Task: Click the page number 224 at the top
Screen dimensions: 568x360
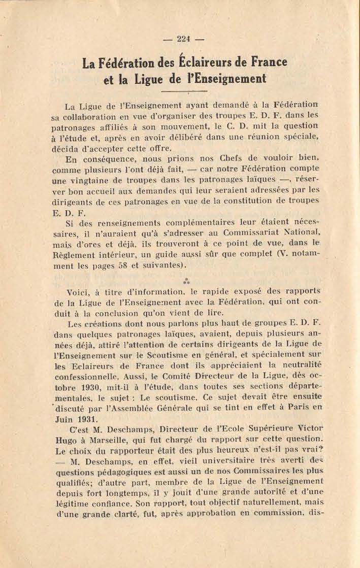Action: (183, 40)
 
